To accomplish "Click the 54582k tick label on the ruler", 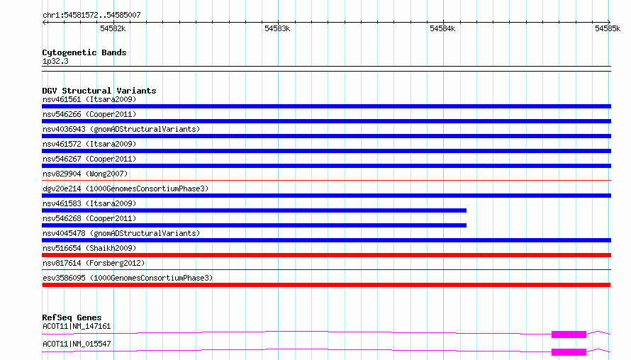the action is pyautogui.click(x=113, y=28).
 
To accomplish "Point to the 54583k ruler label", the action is pyautogui.click(x=277, y=28).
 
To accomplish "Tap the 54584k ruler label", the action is pyautogui.click(x=442, y=28).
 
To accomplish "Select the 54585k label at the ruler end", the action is pyautogui.click(x=608, y=28).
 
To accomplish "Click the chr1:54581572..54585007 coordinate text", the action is pyautogui.click(x=91, y=15).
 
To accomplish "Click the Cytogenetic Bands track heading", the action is pyautogui.click(x=84, y=52).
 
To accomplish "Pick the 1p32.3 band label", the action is pyautogui.click(x=55, y=61).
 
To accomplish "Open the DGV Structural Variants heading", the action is pyautogui.click(x=99, y=91).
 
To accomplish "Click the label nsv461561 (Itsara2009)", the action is pyautogui.click(x=89, y=99).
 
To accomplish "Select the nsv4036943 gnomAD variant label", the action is pyautogui.click(x=121, y=129).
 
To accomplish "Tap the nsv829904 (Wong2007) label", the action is pyautogui.click(x=85, y=174).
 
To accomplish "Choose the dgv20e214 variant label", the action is pyautogui.click(x=125, y=189).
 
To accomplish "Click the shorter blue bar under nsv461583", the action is pyautogui.click(x=254, y=210).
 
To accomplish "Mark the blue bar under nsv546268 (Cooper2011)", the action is pyautogui.click(x=254, y=225).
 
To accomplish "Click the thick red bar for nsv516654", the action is pyautogui.click(x=326, y=255).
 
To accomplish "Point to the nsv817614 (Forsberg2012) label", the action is pyautogui.click(x=94, y=263).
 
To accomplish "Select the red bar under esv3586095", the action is pyautogui.click(x=326, y=285).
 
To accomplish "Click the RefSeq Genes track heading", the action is pyautogui.click(x=72, y=317).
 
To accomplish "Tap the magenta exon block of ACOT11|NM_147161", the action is pyautogui.click(x=569, y=334).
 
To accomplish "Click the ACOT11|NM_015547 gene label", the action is pyautogui.click(x=77, y=344).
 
